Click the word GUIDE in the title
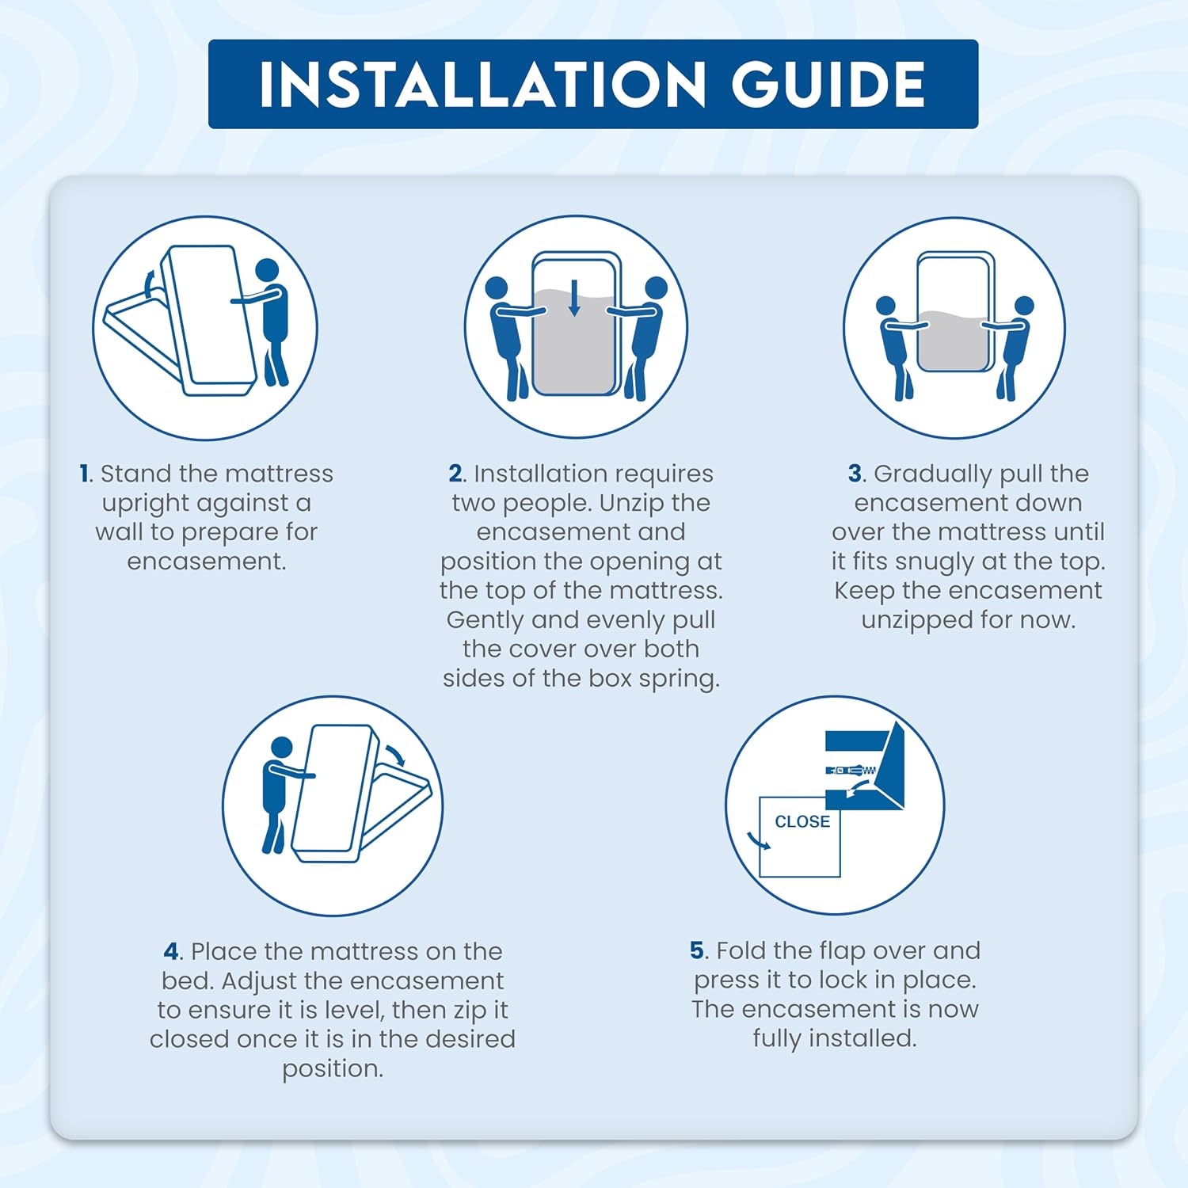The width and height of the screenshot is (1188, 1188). pyautogui.click(x=828, y=84)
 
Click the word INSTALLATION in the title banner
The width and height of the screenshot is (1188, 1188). pyautogui.click(x=482, y=84)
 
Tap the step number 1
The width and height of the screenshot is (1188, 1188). pyautogui.click(x=84, y=474)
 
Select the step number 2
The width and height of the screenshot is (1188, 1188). pyautogui.click(x=455, y=474)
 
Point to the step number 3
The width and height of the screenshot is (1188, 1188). pyautogui.click(x=855, y=474)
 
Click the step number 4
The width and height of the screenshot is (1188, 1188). pyautogui.click(x=172, y=951)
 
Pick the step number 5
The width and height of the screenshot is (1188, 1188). pyautogui.click(x=697, y=950)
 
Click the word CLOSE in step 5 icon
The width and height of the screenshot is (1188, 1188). pyautogui.click(x=802, y=822)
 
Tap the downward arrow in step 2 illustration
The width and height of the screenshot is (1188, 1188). pyautogui.click(x=575, y=298)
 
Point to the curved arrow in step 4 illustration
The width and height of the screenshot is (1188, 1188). pyautogui.click(x=395, y=754)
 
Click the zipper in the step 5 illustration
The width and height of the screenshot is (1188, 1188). pyautogui.click(x=851, y=770)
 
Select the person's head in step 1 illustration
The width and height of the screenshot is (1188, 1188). pyautogui.click(x=267, y=270)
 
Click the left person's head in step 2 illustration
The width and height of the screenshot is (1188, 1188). pyautogui.click(x=497, y=287)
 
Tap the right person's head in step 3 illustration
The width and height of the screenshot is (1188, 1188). pyautogui.click(x=1024, y=307)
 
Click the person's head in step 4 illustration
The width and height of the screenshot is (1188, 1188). pyautogui.click(x=282, y=748)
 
